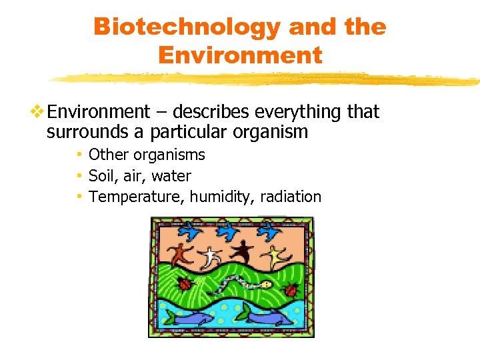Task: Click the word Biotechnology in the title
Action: (x=187, y=27)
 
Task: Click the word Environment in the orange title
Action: (x=239, y=55)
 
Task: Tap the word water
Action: (x=171, y=176)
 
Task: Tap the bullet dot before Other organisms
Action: (x=79, y=155)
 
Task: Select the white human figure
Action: (x=211, y=255)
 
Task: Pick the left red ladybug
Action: (x=185, y=283)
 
